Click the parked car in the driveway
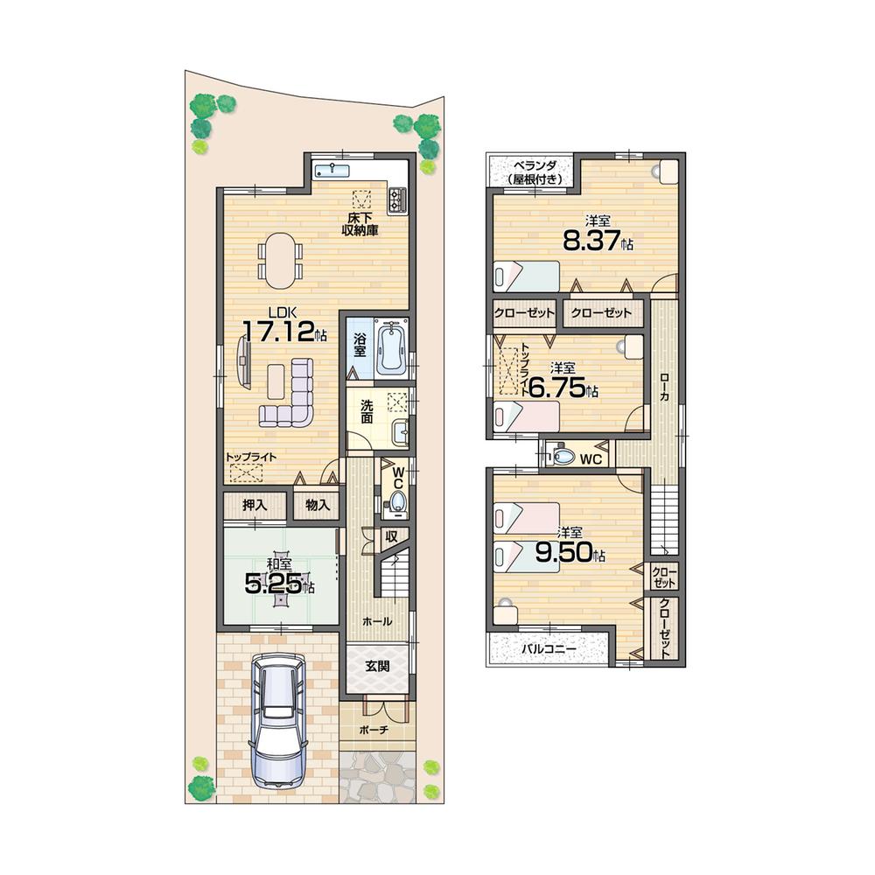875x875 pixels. [276, 723]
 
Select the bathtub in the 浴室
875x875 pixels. [390, 347]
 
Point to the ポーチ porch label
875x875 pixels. [374, 728]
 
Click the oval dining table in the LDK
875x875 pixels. [280, 260]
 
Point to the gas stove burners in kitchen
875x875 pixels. [398, 199]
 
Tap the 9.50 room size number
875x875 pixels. [570, 553]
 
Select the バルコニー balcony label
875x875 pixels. [549, 649]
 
